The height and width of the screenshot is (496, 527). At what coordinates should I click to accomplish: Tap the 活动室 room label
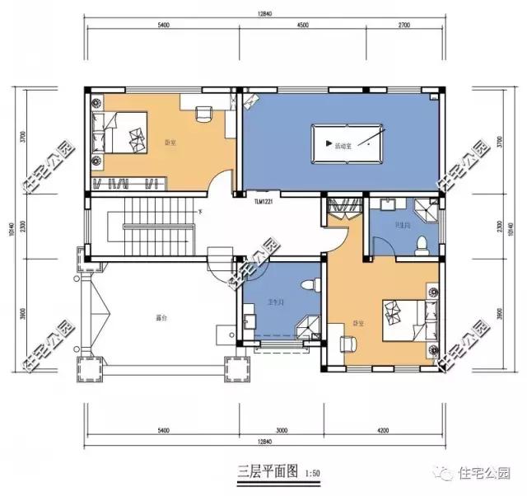point(343,146)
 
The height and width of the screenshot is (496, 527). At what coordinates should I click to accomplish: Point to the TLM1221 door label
point(265,200)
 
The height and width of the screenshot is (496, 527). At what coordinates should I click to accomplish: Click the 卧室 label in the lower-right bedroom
point(357,322)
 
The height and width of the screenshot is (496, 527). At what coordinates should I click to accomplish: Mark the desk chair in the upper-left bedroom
point(203,114)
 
